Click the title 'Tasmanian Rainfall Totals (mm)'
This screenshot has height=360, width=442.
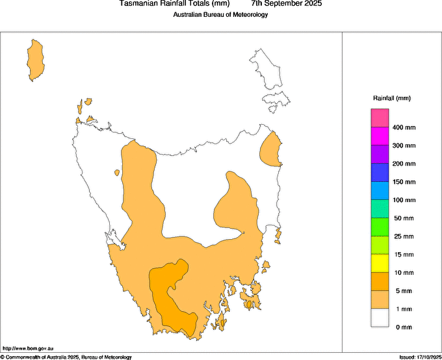[175, 4]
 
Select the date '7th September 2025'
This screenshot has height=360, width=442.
[286, 4]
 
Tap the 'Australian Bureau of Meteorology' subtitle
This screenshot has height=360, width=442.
[220, 15]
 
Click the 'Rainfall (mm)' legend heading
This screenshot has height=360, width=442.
[391, 98]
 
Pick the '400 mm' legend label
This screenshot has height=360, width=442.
[404, 127]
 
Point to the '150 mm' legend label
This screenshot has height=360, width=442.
[404, 182]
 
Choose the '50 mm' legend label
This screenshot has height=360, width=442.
[404, 218]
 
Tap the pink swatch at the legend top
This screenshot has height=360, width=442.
[380, 118]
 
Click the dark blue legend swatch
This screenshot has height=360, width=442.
[380, 173]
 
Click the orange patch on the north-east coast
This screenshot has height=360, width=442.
[270, 150]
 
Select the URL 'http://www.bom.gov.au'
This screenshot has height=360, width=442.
[23, 349]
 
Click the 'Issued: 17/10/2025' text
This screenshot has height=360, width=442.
[420, 357]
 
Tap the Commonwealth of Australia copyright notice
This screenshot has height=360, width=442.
[66, 357]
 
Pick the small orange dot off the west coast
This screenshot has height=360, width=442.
[116, 173]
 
